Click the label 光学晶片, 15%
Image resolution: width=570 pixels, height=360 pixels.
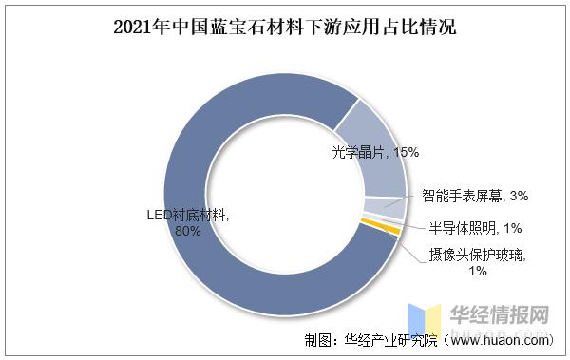pos(376,152)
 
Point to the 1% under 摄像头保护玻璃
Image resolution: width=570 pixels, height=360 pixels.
pos(477,271)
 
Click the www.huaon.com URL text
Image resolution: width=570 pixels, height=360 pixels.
pos(503,339)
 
